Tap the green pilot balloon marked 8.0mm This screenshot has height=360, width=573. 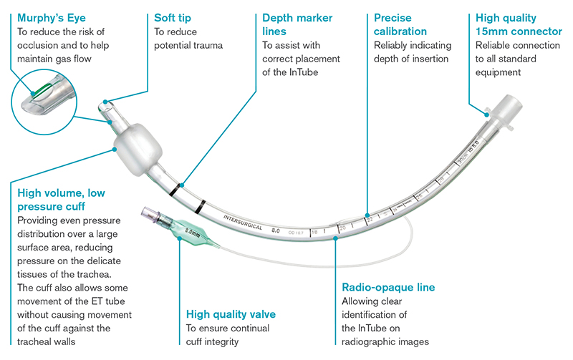pos(190,233)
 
